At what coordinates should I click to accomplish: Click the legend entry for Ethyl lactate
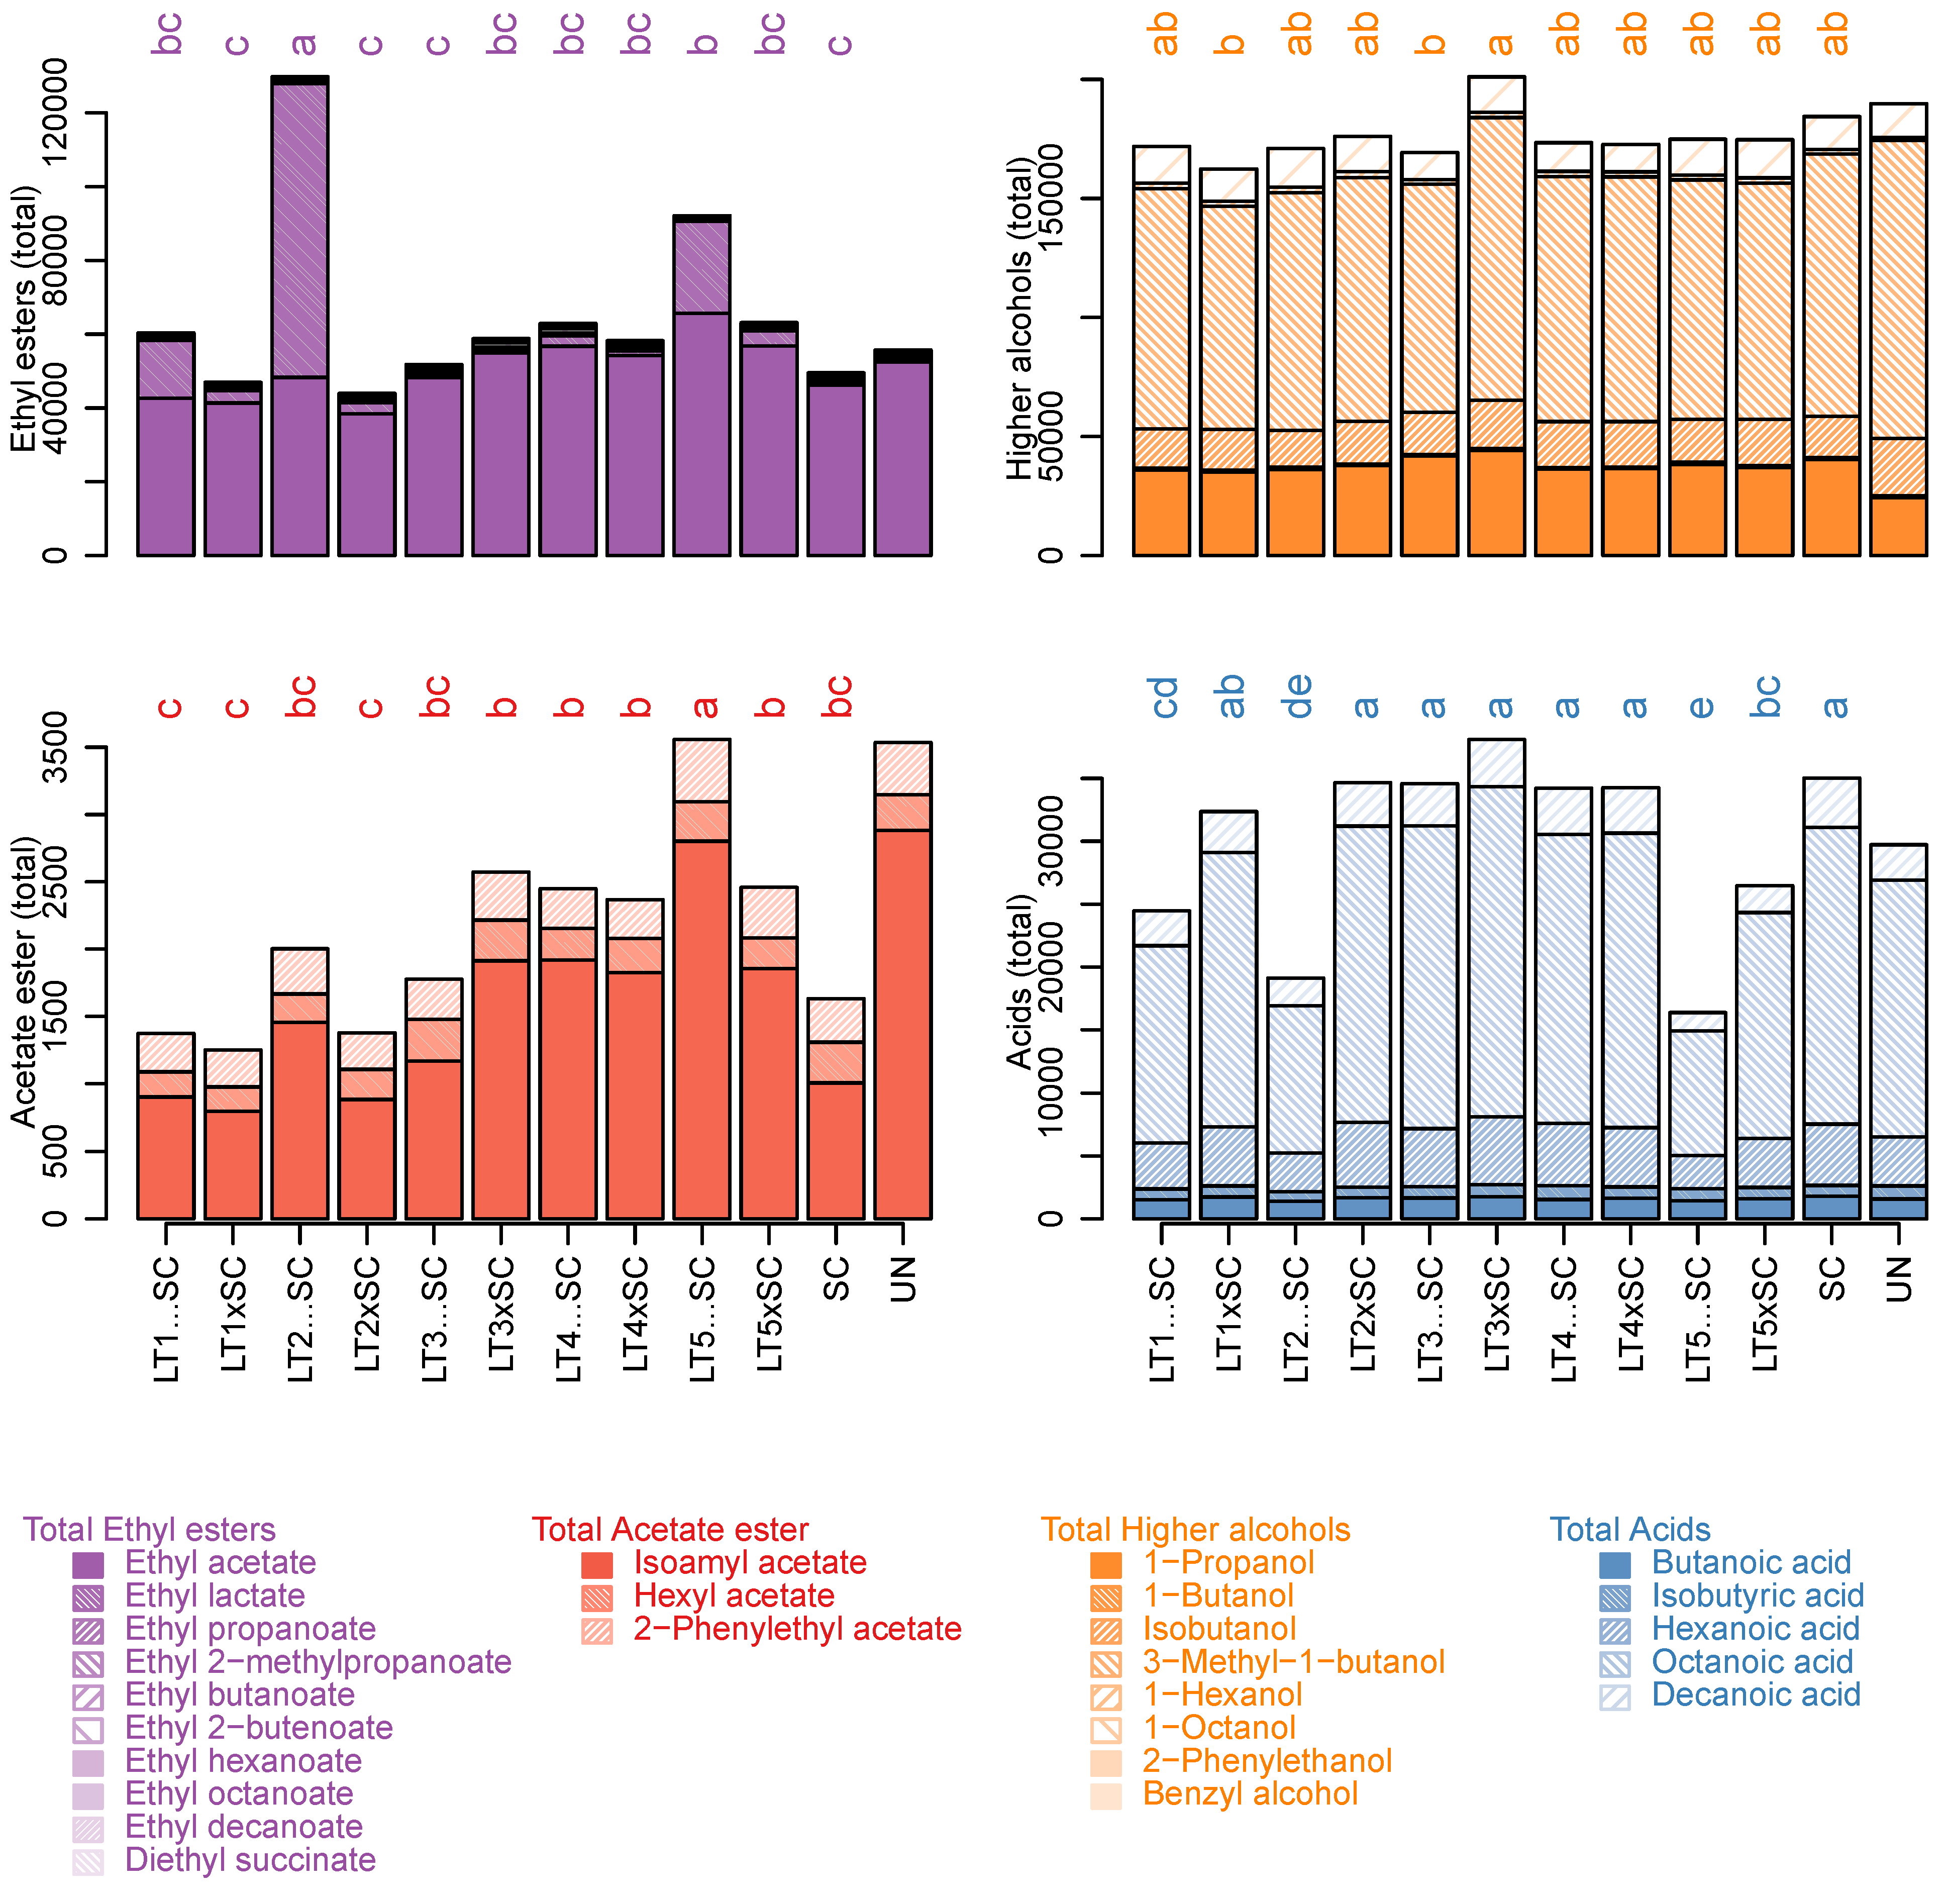(215, 1596)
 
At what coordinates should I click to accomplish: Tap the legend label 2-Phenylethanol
(1266, 1760)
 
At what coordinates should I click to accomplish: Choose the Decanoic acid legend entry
(1755, 1694)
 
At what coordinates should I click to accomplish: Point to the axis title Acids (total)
(1019, 982)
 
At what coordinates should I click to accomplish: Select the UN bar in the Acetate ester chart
(902, 997)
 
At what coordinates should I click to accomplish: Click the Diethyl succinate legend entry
(249, 1860)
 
